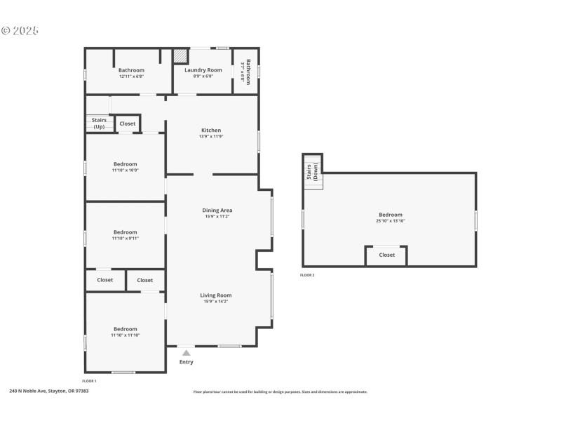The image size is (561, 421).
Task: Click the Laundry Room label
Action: click(x=203, y=70)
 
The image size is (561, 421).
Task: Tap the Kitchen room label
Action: click(x=211, y=131)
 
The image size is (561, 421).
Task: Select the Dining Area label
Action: click(x=217, y=210)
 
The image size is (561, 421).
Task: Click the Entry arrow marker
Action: click(x=186, y=353)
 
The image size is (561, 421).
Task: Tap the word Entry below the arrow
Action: click(x=186, y=362)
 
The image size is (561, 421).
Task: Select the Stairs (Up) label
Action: click(x=99, y=123)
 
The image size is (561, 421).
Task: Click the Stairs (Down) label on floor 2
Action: click(x=313, y=172)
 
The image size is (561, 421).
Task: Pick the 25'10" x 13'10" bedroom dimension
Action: click(x=391, y=221)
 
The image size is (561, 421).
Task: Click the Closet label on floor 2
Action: click(x=387, y=255)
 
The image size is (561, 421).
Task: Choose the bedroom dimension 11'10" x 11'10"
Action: click(x=126, y=335)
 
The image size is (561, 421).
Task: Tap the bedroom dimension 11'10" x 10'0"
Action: click(x=126, y=170)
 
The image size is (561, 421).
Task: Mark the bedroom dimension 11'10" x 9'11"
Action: click(x=126, y=239)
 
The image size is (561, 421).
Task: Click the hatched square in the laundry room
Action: click(x=181, y=56)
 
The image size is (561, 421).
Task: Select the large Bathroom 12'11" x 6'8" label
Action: click(x=131, y=70)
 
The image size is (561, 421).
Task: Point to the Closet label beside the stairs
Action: click(x=128, y=123)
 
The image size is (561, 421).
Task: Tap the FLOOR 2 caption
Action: click(x=307, y=275)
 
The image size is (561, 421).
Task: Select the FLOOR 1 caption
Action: click(x=89, y=381)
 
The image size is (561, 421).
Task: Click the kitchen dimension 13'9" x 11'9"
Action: click(x=211, y=137)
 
